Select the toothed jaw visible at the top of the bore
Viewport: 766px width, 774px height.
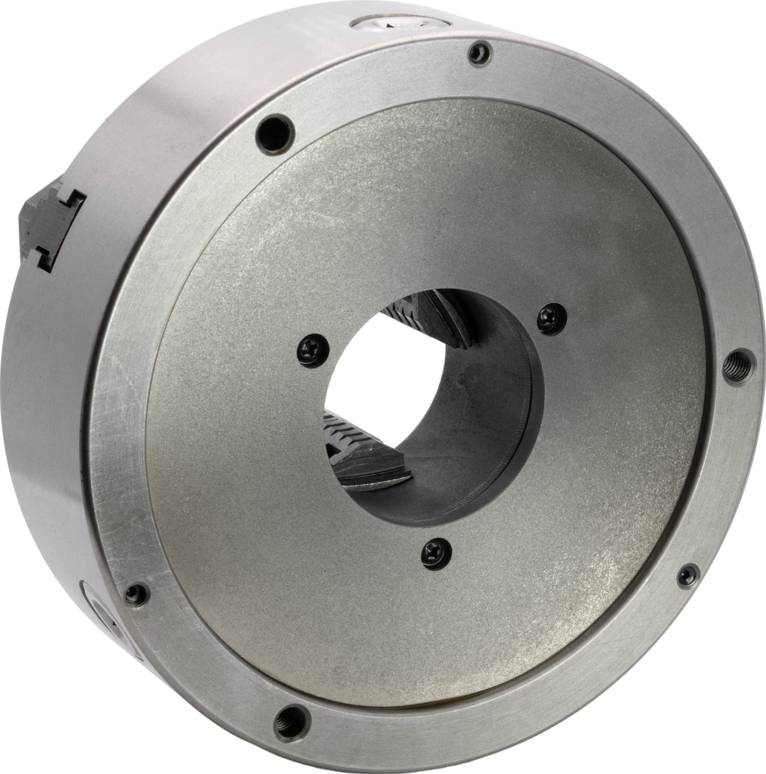click(x=442, y=315)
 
